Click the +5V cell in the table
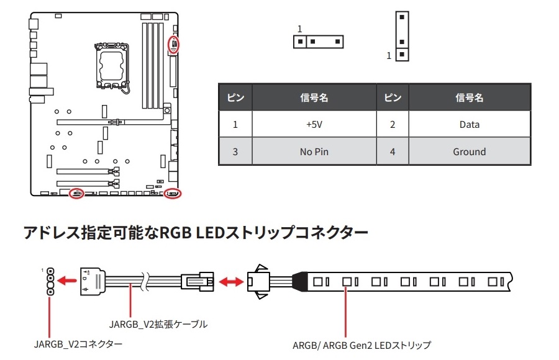[314, 125]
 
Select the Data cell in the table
[469, 125]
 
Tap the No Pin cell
[314, 151]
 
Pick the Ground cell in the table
[469, 151]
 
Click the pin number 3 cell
[235, 151]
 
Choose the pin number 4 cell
[392, 151]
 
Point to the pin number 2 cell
[392, 125]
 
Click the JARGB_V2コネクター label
[78, 343]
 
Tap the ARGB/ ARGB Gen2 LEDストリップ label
[361, 345]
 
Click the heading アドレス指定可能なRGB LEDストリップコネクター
[196, 233]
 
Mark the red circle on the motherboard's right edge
[174, 45]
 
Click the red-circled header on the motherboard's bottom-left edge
[77, 193]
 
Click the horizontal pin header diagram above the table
[319, 42]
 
